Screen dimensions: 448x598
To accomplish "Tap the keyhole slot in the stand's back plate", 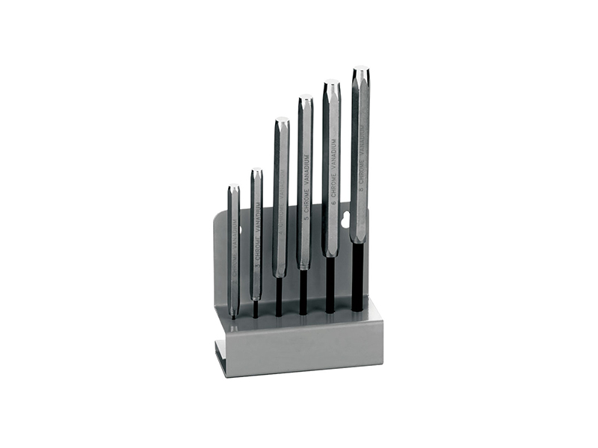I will point(345,220).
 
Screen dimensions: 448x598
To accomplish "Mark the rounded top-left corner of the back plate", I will point(218,217).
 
